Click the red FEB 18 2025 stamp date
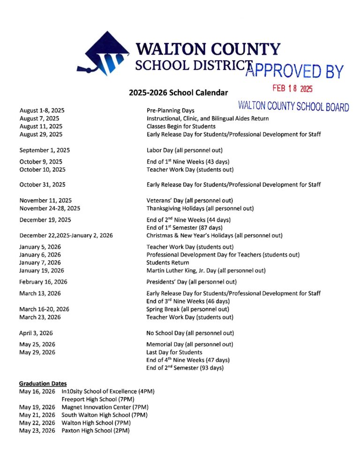[292, 88]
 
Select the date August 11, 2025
[41, 127]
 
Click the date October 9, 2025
[40, 162]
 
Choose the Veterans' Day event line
[190, 200]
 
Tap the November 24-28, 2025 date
[50, 208]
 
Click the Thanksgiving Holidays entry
[200, 208]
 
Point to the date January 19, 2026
[42, 271]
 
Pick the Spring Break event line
[187, 309]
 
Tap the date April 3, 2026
[36, 333]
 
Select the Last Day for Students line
[174, 352]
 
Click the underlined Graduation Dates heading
[43, 383]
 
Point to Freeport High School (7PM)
[96, 399]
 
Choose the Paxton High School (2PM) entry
[96, 430]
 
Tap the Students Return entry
[168, 263]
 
